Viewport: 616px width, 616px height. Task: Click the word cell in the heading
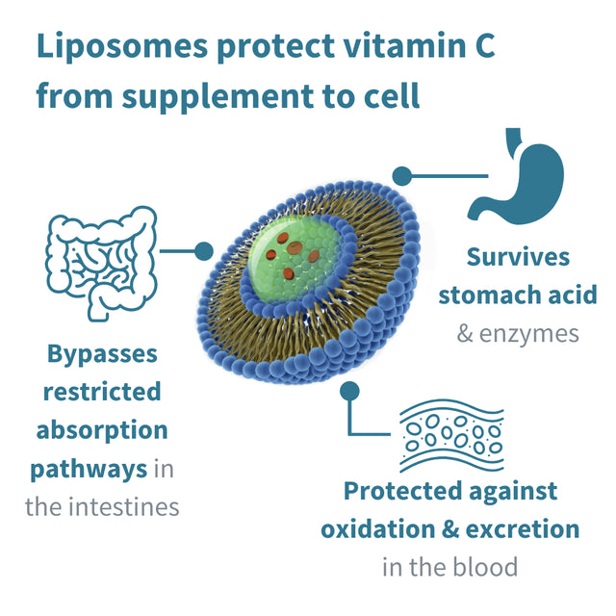(391, 96)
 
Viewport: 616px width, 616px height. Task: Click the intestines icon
(101, 260)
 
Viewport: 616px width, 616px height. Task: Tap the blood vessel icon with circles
(450, 434)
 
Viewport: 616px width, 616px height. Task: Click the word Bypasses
(102, 353)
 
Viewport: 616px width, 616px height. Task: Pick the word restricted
(102, 392)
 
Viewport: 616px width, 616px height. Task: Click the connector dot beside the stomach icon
(402, 175)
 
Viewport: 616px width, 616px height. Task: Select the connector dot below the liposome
(350, 391)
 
